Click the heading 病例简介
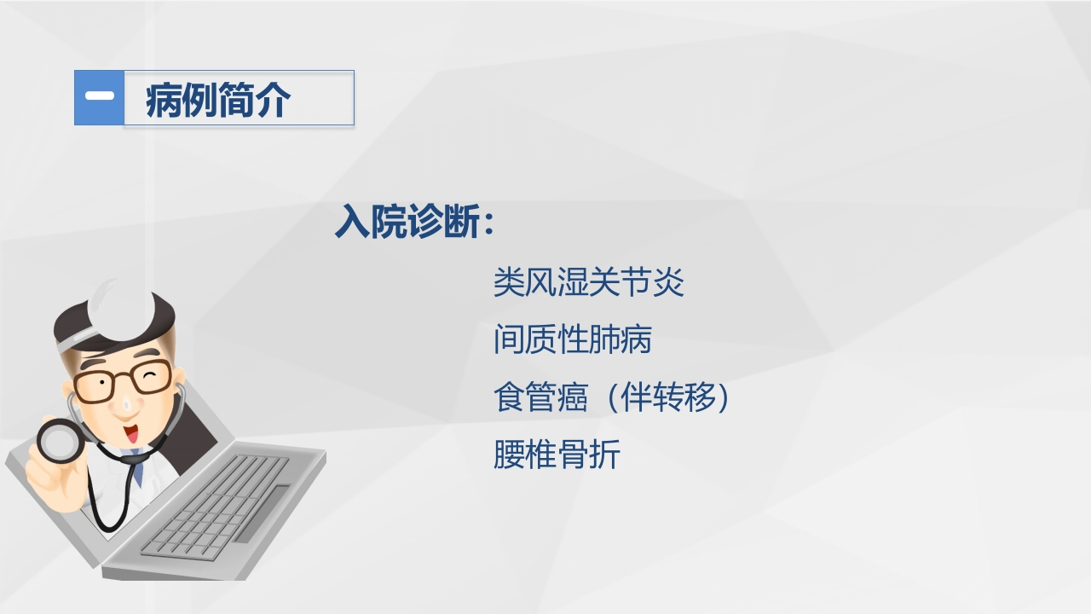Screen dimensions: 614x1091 [218, 100]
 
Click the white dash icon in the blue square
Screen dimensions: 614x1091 [100, 97]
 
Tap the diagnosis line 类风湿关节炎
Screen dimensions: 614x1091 [588, 282]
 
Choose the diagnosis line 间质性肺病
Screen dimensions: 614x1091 [572, 339]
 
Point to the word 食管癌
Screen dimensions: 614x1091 [540, 397]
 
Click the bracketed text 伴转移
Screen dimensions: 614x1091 [674, 397]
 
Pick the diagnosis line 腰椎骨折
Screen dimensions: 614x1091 [557, 455]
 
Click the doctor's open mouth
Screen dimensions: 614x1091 [131, 436]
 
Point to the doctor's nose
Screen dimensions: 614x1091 [125, 403]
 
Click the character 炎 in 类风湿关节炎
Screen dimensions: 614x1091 [669, 282]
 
